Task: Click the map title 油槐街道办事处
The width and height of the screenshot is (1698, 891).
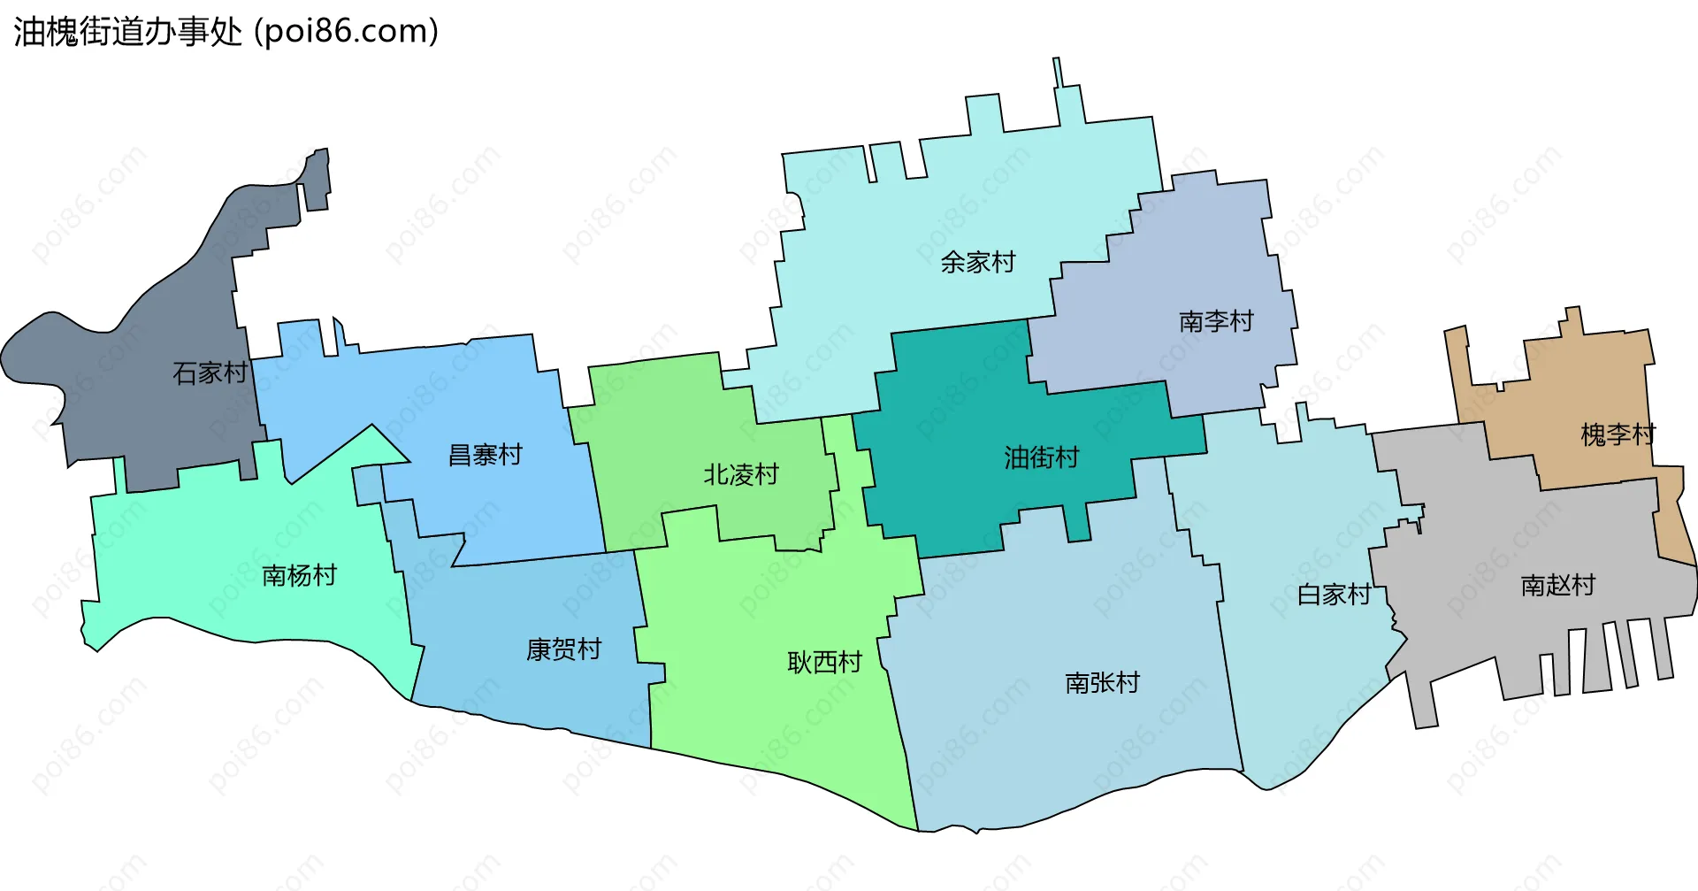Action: point(128,32)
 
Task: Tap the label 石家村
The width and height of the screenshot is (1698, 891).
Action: point(210,373)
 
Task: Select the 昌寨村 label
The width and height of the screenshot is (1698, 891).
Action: point(486,455)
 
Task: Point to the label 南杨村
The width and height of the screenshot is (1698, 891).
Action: point(300,575)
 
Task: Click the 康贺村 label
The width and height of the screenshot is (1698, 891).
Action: point(563,649)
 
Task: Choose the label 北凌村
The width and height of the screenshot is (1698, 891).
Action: point(741,475)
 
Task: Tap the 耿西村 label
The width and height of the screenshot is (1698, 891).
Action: point(824,662)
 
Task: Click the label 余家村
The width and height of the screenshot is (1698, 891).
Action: point(978,262)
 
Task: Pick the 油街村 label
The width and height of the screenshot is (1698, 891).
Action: point(1042,457)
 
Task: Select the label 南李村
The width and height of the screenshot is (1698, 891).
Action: point(1216,321)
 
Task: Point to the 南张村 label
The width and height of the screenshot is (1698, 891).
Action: point(1102,682)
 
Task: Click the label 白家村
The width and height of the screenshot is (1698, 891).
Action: point(1334,595)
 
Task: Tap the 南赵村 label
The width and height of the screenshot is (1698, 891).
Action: point(1557,585)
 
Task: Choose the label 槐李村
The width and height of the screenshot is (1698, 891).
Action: point(1618,434)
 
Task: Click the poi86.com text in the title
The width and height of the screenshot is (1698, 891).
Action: point(347,32)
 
